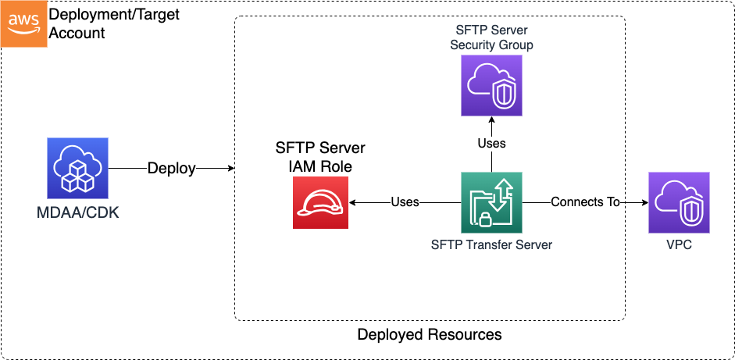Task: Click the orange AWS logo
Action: point(23,23)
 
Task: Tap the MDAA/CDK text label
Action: point(77,212)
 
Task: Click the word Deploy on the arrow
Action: point(172,169)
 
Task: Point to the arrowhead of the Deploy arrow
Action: point(230,169)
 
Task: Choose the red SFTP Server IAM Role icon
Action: point(320,202)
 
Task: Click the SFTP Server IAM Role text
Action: point(320,156)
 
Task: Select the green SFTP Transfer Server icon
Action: point(491,202)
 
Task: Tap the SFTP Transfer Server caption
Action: point(491,244)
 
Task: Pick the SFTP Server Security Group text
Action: point(491,37)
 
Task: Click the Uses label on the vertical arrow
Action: point(491,143)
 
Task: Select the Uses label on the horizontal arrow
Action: point(405,202)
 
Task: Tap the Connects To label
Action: point(585,202)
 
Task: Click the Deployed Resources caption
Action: point(429,335)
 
